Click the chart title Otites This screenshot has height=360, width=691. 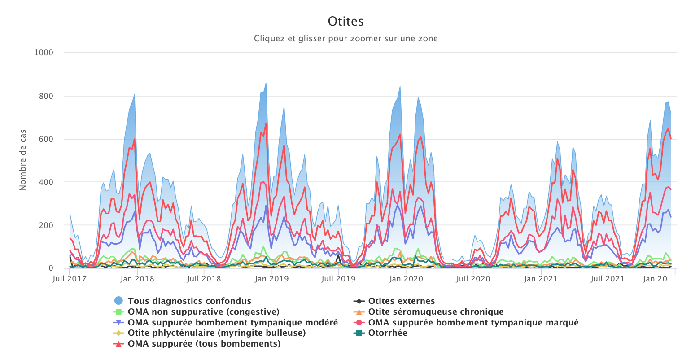(x=345, y=22)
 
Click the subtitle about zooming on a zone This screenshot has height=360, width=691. (x=345, y=39)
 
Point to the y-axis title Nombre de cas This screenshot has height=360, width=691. (x=23, y=160)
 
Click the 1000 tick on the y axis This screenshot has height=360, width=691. (x=44, y=53)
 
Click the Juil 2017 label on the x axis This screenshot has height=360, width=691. (x=70, y=279)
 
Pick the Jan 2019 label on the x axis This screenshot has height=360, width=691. (x=271, y=279)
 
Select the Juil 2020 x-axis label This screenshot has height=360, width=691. (x=473, y=279)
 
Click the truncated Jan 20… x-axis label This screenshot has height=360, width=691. (x=658, y=279)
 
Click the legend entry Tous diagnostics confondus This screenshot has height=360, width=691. (x=189, y=301)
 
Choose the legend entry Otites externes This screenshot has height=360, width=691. (x=401, y=301)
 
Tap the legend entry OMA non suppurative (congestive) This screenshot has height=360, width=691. (x=203, y=312)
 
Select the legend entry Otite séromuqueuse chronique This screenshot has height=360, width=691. (x=436, y=312)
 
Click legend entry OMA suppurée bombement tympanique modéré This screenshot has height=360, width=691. (x=232, y=323)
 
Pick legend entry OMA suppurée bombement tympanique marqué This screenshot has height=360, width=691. (x=473, y=323)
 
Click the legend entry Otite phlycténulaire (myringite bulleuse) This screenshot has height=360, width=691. (x=216, y=333)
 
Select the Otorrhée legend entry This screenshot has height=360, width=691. (x=388, y=333)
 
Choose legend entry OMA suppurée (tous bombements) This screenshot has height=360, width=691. (x=204, y=344)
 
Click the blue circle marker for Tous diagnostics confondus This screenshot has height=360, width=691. (x=118, y=301)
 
